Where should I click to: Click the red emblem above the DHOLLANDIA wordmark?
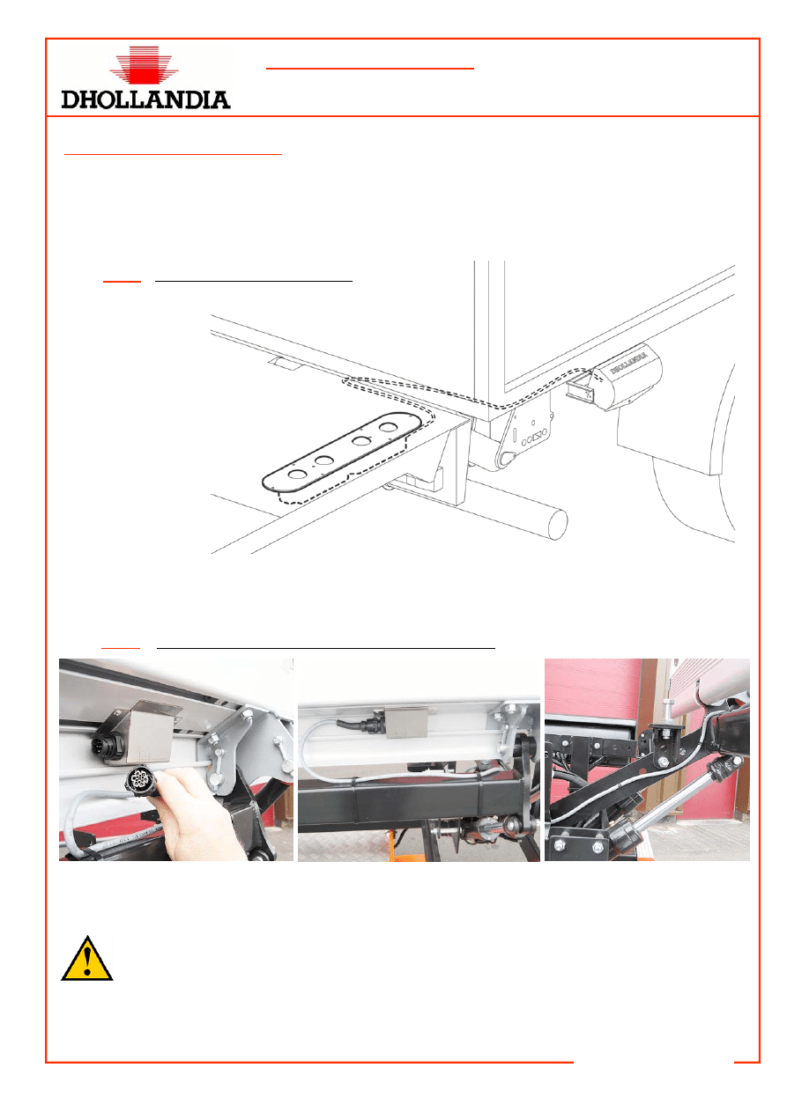click(x=144, y=64)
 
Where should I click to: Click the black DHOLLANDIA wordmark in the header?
click(x=145, y=99)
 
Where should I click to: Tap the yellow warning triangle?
click(x=87, y=959)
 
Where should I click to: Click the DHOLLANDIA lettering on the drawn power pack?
click(x=628, y=363)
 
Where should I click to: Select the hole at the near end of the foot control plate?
click(x=297, y=474)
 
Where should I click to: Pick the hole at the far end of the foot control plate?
click(x=387, y=426)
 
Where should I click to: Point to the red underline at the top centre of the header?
click(x=369, y=68)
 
